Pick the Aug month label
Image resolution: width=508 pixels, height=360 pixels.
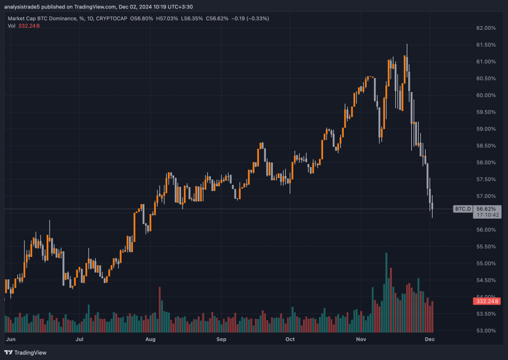(151, 340)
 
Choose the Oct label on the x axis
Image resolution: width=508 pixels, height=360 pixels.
(290, 340)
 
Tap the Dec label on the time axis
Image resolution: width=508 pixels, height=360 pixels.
(430, 340)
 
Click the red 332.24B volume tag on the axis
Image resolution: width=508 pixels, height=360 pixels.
(487, 301)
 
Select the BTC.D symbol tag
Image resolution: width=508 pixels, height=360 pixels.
(462, 209)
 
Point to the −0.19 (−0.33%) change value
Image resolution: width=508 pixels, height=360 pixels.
(253, 18)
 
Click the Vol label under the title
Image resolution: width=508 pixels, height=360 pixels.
(11, 25)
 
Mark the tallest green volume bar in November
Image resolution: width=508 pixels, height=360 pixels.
(386, 293)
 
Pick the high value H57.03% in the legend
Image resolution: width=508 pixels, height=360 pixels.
(168, 18)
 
